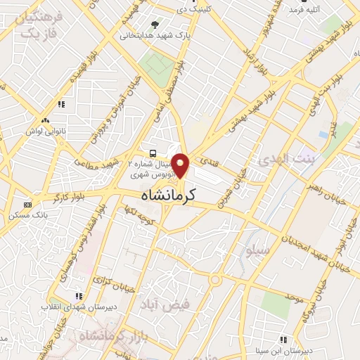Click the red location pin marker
coord(181,165)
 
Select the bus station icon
coord(152,152)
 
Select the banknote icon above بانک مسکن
coord(28,205)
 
